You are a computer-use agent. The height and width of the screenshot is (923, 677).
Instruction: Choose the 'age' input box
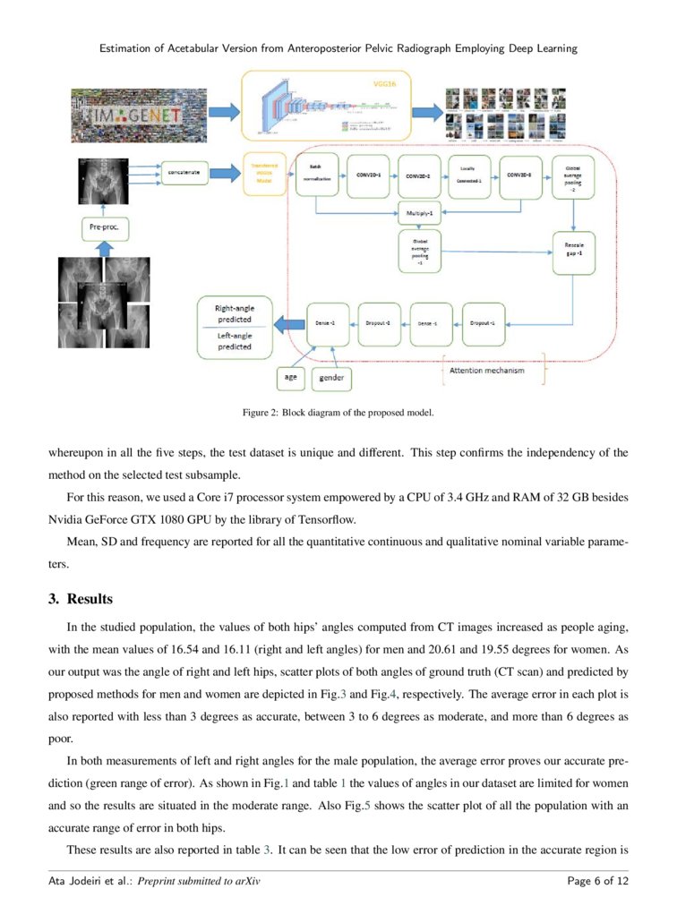291,378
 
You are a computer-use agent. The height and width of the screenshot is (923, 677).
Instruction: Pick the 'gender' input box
331,379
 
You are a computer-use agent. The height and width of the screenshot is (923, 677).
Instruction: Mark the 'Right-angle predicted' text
235,313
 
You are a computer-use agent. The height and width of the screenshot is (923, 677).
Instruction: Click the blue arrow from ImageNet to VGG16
220,111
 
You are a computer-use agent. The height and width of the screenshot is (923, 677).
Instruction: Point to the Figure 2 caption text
338,413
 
